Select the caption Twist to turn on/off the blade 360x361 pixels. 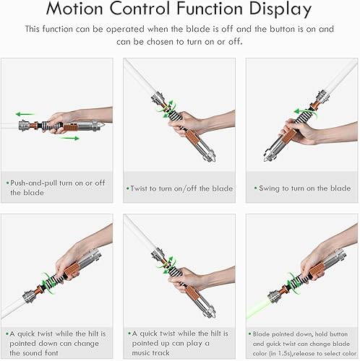(x=181, y=188)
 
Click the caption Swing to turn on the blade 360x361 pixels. (x=301, y=188)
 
